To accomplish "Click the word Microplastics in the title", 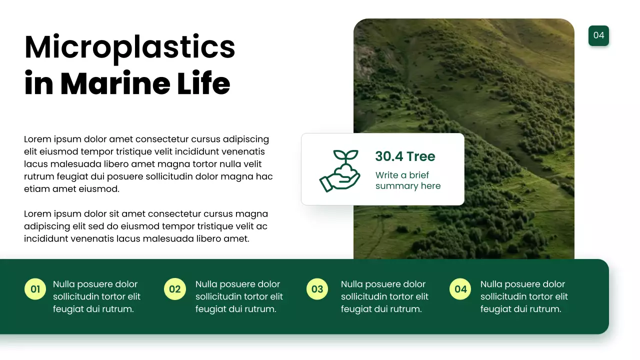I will [129, 47].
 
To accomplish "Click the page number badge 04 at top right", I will [598, 35].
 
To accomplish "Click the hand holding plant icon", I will [339, 170].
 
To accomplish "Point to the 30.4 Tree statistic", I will [405, 156].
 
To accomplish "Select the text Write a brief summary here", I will [407, 180].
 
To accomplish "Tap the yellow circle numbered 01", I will [35, 289].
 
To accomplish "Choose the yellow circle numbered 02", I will [174, 289].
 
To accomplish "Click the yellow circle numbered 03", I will [317, 289].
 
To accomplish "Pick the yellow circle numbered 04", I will [460, 289].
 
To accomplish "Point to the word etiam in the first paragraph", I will [36, 189].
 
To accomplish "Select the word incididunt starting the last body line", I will [46, 238].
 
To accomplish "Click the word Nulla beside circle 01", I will [64, 284].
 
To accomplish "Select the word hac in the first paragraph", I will [264, 176].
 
